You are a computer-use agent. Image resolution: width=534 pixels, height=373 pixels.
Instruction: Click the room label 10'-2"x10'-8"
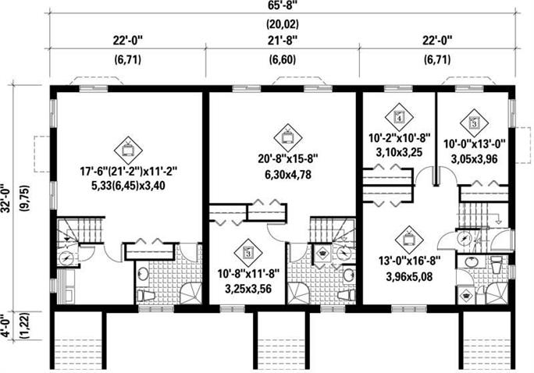pyautogui.click(x=400, y=138)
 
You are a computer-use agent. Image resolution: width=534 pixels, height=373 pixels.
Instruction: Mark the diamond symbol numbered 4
pyautogui.click(x=400, y=117)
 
